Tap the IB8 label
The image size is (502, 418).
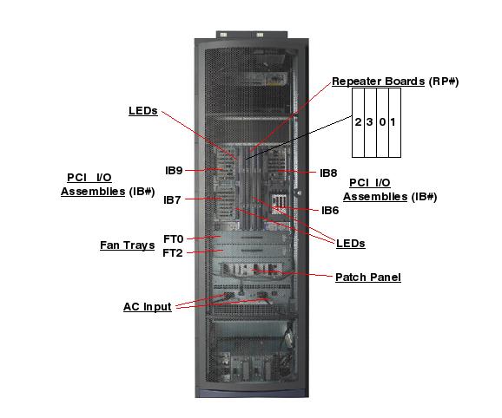(x=328, y=173)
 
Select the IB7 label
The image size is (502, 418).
(x=174, y=199)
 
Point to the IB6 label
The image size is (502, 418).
(x=330, y=210)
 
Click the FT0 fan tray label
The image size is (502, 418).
(x=174, y=238)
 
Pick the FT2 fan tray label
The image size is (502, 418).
(x=174, y=252)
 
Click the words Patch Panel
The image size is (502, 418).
(x=367, y=278)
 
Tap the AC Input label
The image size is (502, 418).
(x=147, y=307)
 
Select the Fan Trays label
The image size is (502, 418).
(x=127, y=245)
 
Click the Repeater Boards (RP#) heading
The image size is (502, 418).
(x=395, y=82)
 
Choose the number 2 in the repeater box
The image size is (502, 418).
(x=358, y=122)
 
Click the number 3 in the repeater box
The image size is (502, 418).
(x=370, y=122)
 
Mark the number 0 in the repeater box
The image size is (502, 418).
(x=381, y=122)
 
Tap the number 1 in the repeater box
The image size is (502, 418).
(x=393, y=122)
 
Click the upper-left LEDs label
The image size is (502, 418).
(x=142, y=111)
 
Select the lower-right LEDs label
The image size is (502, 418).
(x=351, y=244)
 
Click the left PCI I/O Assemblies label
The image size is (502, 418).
(x=96, y=184)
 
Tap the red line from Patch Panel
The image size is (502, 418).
(x=295, y=274)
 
